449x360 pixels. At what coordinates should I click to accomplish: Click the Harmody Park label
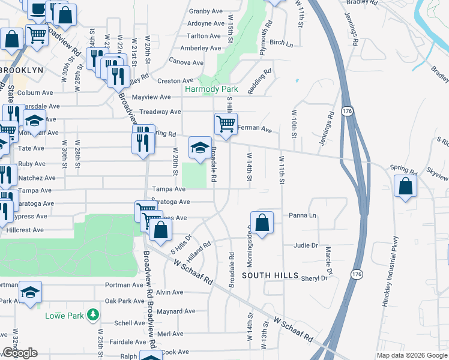click(x=211, y=89)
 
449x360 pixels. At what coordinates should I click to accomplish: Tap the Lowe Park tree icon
click(x=92, y=314)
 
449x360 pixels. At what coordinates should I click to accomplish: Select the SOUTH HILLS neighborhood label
click(x=270, y=275)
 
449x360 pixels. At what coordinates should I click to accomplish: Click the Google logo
click(x=19, y=353)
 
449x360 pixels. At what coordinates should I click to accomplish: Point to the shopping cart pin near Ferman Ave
click(x=226, y=125)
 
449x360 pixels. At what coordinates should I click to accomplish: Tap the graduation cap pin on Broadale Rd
click(x=200, y=147)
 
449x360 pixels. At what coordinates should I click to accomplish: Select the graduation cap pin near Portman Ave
click(x=29, y=292)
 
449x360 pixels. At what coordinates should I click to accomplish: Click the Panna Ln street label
click(x=302, y=215)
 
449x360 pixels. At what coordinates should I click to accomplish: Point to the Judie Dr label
click(x=306, y=245)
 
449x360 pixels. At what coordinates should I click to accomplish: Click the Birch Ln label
click(x=281, y=43)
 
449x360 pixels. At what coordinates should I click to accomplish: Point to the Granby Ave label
click(x=206, y=11)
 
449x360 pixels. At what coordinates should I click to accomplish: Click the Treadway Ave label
click(x=160, y=112)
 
